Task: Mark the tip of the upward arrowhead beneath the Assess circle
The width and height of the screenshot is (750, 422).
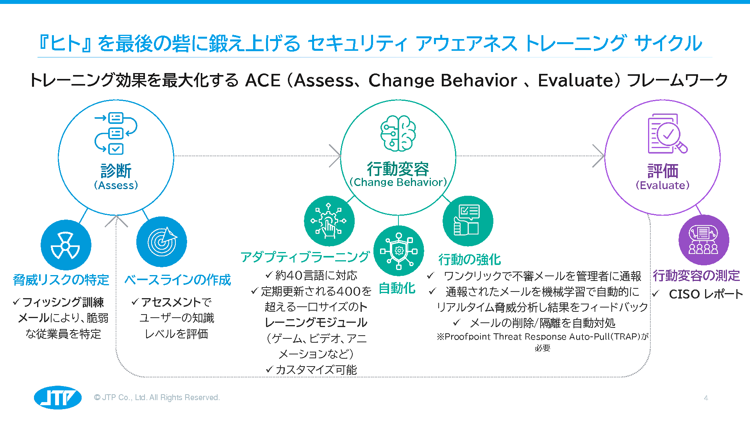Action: click(116, 215)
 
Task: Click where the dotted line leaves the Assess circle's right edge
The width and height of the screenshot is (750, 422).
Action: click(174, 156)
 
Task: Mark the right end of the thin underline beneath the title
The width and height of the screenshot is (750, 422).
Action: click(712, 57)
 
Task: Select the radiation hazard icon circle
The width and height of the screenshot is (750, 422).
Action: click(66, 245)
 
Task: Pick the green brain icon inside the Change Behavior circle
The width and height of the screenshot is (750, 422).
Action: click(398, 133)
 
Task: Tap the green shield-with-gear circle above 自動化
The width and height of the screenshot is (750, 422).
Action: click(399, 251)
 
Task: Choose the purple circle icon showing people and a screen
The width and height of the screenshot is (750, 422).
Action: click(704, 240)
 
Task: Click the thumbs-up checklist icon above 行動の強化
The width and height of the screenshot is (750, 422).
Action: click(468, 221)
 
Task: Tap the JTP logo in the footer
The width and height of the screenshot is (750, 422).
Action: click(58, 398)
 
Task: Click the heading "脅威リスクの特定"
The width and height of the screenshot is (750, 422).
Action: click(61, 280)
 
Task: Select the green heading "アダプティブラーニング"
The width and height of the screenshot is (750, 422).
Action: click(305, 257)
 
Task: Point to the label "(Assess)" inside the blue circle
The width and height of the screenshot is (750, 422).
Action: click(116, 185)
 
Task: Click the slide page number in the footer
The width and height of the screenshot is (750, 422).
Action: click(706, 398)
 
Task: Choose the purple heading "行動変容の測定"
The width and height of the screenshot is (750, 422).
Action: click(696, 276)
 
